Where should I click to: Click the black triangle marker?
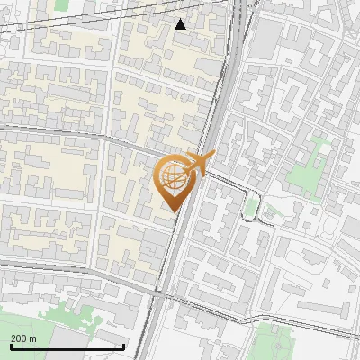[181, 24]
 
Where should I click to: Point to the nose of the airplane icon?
[214, 156]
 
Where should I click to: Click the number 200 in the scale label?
[19, 338]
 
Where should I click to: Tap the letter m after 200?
[32, 338]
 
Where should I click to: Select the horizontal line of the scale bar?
[67, 346]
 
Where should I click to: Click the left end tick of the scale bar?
[11, 346]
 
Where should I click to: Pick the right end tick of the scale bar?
[124, 346]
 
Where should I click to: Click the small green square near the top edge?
[61, 4]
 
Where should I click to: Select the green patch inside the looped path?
[251, 208]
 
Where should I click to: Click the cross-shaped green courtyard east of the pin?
[314, 163]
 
